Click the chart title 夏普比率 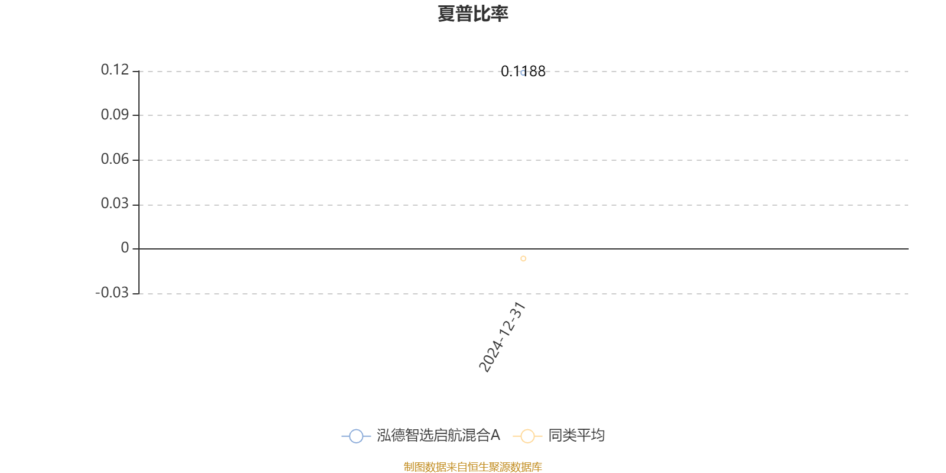click(472, 14)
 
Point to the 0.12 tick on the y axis click(115, 70)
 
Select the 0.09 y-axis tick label click(115, 115)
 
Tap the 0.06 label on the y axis click(115, 159)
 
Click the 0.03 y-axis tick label click(115, 204)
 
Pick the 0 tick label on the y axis click(125, 248)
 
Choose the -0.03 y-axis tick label click(112, 293)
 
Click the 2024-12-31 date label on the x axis click(502, 337)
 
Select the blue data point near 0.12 click(523, 73)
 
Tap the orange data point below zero click(523, 258)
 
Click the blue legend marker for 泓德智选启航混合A click(356, 436)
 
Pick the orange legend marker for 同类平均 click(527, 436)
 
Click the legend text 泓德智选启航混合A click(438, 436)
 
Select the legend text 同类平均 click(576, 436)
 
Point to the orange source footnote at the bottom click(472, 467)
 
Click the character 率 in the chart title click(500, 14)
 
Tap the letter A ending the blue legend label click(495, 436)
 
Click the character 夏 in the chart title click(446, 14)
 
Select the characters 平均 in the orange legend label click(590, 436)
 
